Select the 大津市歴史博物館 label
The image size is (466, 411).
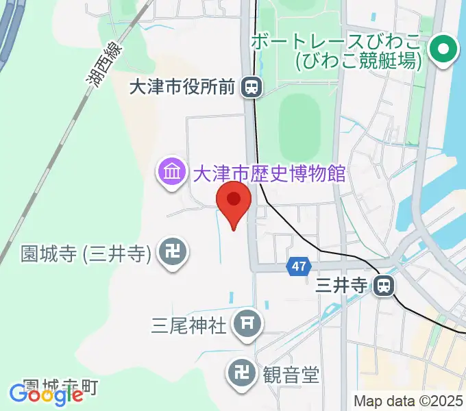(x=269, y=173)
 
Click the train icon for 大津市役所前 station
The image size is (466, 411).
(x=253, y=86)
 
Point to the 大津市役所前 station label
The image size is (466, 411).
(x=183, y=86)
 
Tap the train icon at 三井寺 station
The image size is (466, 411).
(x=383, y=285)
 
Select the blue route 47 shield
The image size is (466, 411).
(x=298, y=266)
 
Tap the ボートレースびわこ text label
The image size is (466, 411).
(x=336, y=41)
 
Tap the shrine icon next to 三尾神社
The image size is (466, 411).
(x=246, y=324)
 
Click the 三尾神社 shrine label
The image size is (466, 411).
(x=188, y=324)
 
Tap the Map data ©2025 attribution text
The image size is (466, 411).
(x=407, y=400)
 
